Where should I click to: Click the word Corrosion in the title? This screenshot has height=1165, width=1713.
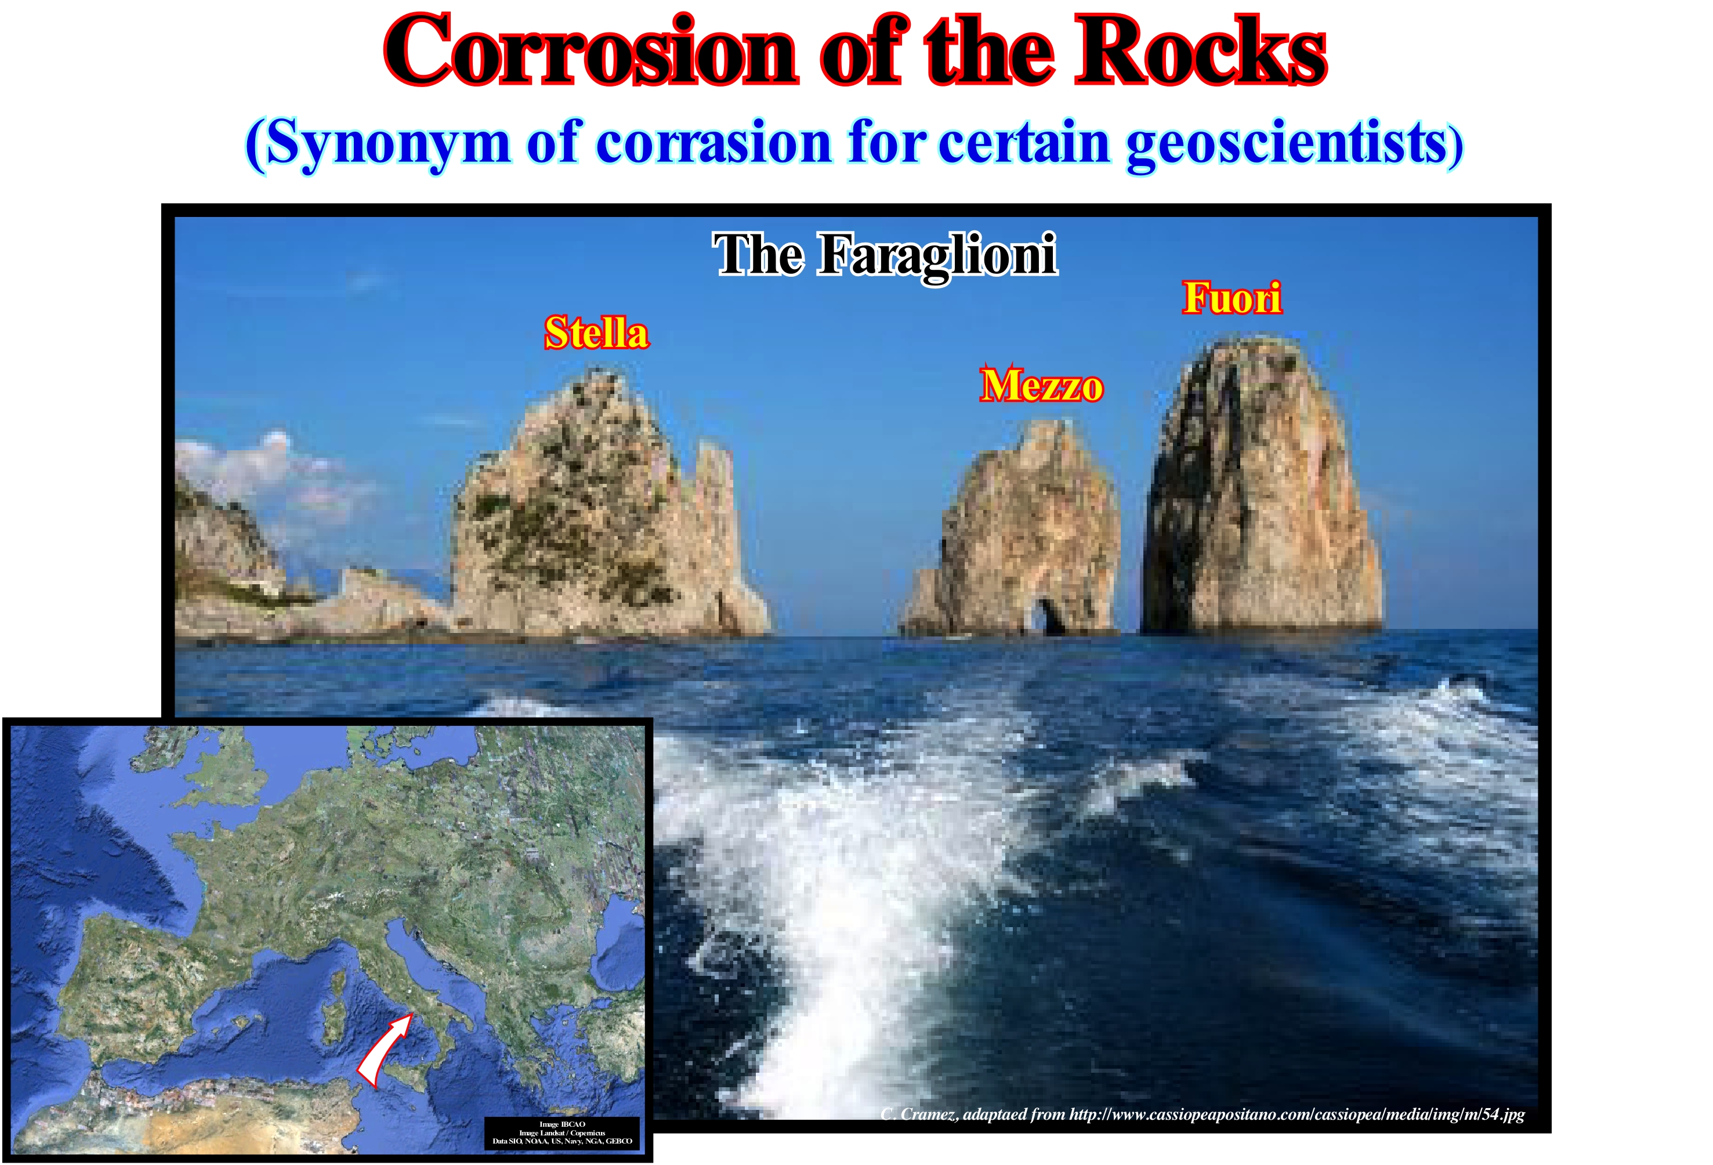591,49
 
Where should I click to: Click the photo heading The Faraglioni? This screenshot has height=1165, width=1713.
885,254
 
